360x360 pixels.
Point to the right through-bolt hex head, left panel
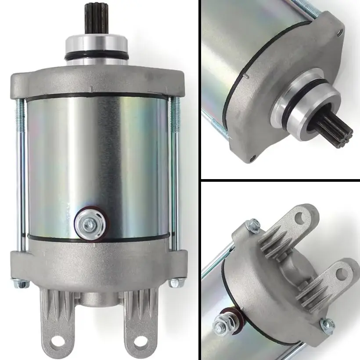point(175,283)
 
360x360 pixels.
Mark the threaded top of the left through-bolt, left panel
point(19,110)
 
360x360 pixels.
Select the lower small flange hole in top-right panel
point(252,158)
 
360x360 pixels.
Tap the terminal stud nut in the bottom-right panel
point(220,326)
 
